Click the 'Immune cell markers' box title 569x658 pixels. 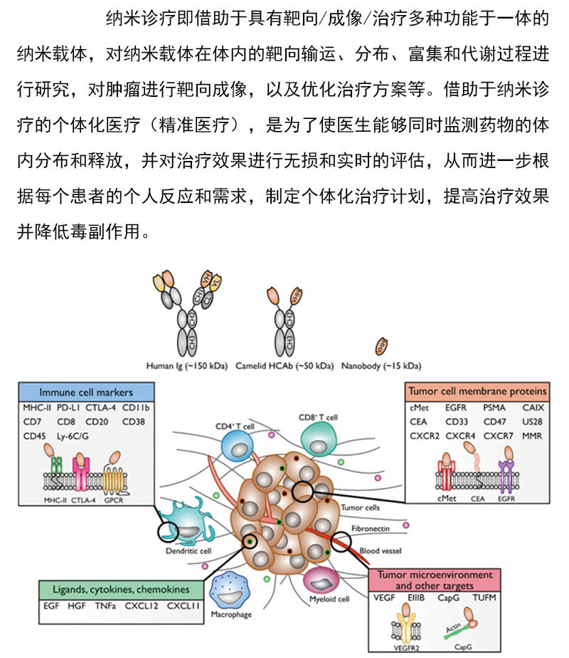coord(85,392)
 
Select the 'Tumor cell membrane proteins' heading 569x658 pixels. coord(477,391)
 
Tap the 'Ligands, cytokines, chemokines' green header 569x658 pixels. coord(120,590)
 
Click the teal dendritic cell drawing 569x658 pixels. coord(184,523)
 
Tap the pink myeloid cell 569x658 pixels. coord(324,581)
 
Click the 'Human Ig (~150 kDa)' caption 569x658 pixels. coord(186,366)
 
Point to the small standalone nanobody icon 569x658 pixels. coord(382,345)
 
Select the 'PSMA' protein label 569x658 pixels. coord(494,408)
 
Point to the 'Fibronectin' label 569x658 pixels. coord(371,529)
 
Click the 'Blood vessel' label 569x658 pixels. coord(381,550)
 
